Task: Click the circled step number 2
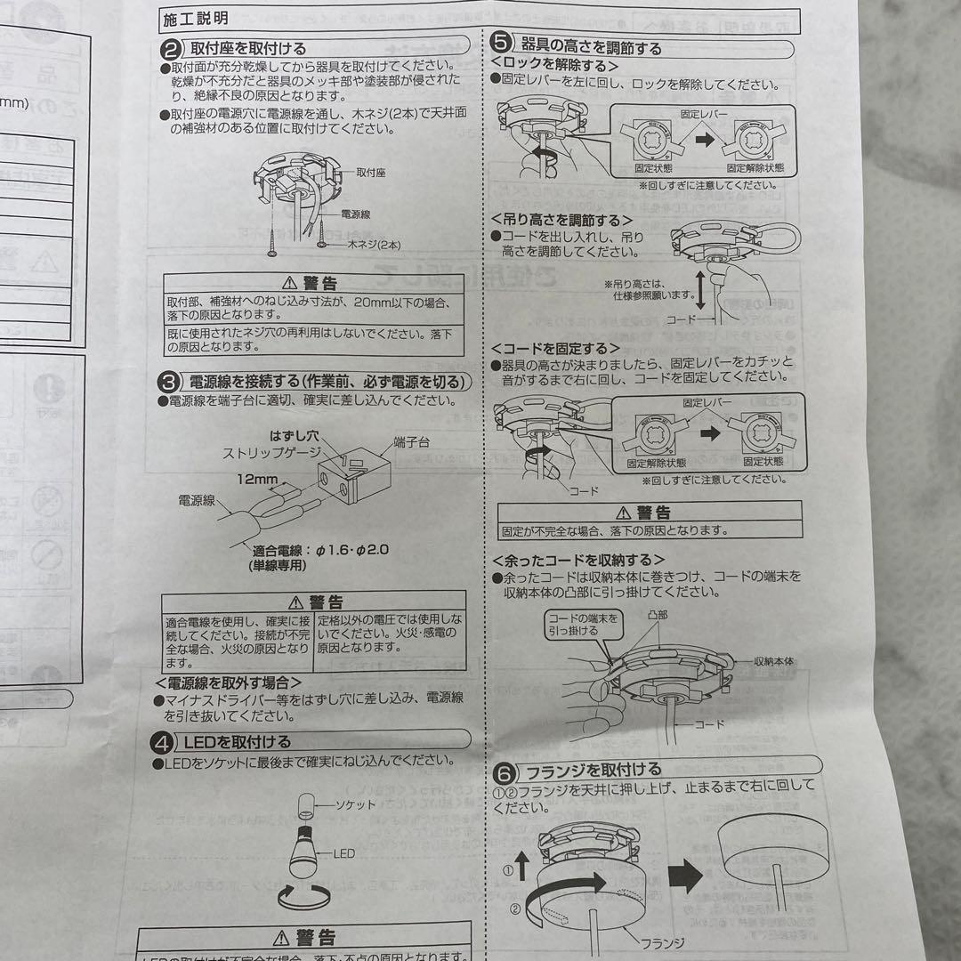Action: coord(171,48)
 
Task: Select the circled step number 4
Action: coord(162,741)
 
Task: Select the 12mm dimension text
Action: coord(257,479)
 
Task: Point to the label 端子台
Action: coord(411,442)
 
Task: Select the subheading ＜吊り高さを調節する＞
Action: coord(562,219)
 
